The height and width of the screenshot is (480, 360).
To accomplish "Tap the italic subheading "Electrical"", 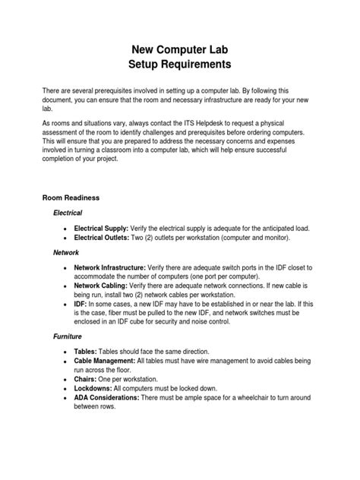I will tap(68, 213).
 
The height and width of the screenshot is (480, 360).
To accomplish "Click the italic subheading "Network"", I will tap(66, 251).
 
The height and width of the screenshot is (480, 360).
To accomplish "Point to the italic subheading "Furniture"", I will tap(68, 335).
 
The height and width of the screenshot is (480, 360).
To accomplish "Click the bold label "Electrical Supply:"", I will tap(102, 228).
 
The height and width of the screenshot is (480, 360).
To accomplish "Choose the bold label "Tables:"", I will tap(88, 353).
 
